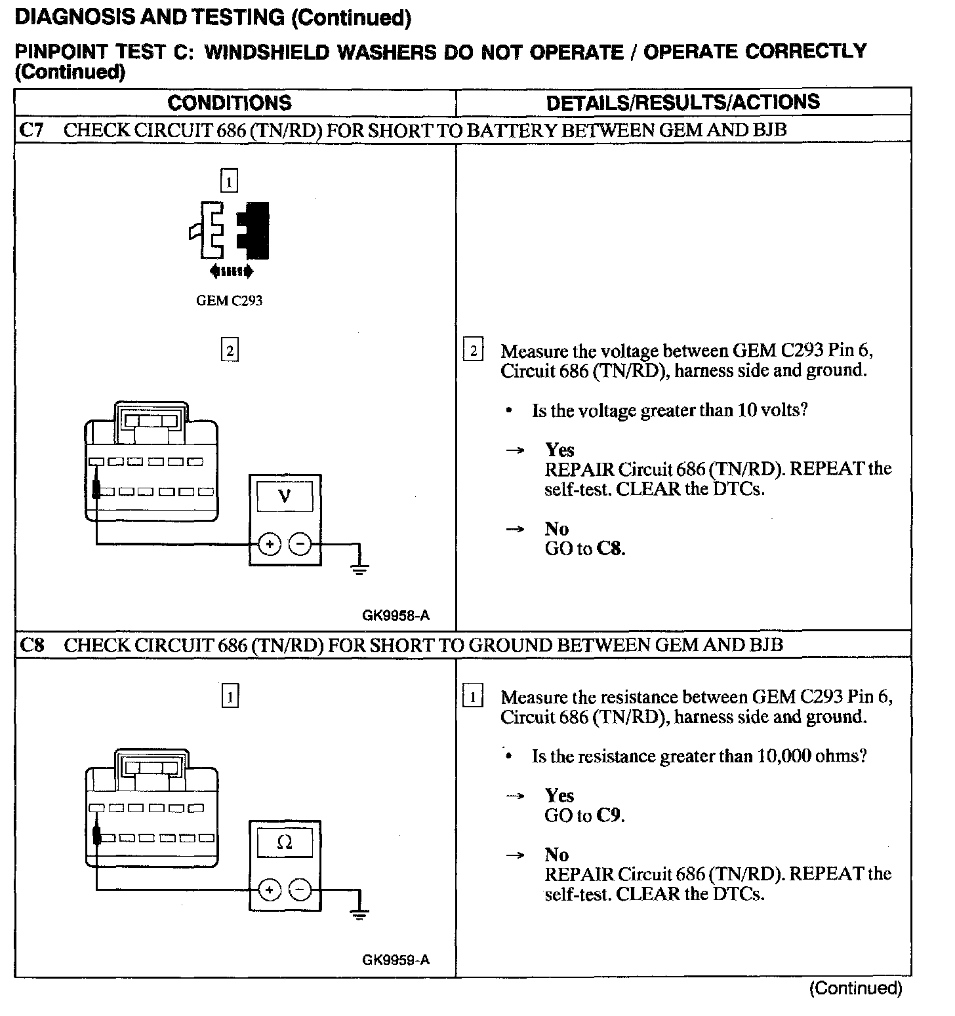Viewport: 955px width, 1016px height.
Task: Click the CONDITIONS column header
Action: (x=230, y=103)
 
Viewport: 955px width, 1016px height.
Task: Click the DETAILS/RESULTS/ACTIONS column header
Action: (x=683, y=102)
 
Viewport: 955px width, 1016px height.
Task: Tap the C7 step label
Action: (x=31, y=130)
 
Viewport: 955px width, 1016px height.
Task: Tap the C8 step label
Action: (x=31, y=645)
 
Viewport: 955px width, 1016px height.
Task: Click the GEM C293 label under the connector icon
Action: (x=230, y=301)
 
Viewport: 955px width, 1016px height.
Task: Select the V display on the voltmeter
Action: (x=285, y=496)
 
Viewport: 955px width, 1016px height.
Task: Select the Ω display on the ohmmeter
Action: (x=285, y=842)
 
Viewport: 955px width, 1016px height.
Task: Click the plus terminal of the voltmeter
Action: (x=270, y=544)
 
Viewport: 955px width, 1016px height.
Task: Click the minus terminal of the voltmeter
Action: (x=300, y=544)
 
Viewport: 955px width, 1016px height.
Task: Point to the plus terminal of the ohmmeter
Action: (x=270, y=889)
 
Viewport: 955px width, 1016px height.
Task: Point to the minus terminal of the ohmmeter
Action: (x=300, y=889)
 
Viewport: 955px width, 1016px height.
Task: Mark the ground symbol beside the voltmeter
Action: (x=359, y=568)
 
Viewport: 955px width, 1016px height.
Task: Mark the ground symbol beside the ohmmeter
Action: (x=359, y=914)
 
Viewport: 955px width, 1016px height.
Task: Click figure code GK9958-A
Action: (x=396, y=615)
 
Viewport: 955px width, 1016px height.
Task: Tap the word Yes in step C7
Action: (x=559, y=450)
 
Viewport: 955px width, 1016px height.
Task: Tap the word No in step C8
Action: (x=556, y=855)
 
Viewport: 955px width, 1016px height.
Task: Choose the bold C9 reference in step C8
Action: (x=608, y=815)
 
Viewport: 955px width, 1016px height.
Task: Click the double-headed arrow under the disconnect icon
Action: (x=230, y=271)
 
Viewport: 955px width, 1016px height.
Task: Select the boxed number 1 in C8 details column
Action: (x=473, y=696)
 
